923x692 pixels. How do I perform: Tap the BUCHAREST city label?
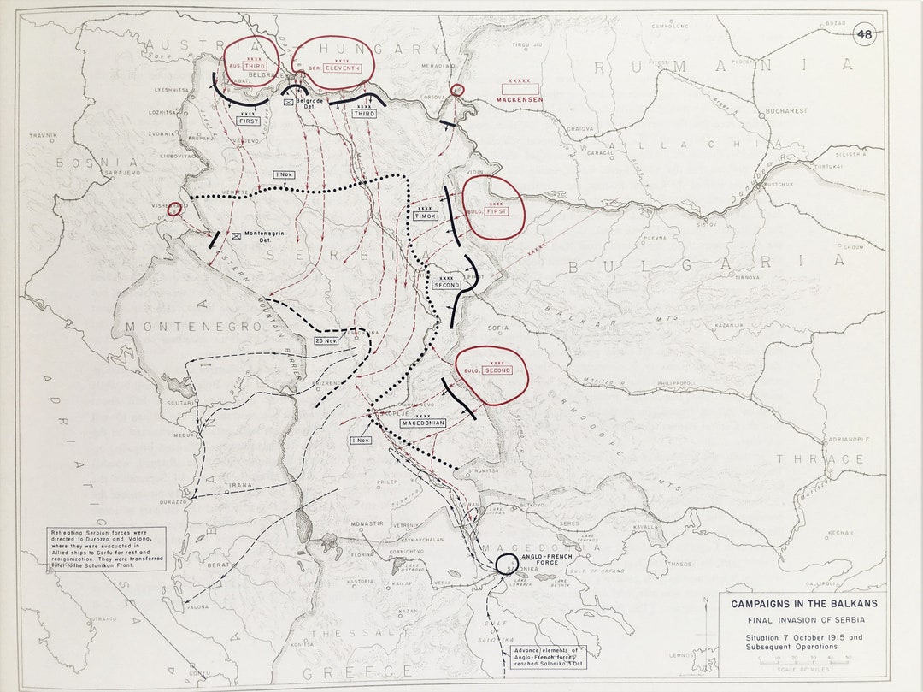[786, 111]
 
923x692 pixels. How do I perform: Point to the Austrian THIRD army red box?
[255, 66]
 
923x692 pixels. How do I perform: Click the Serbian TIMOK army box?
[425, 216]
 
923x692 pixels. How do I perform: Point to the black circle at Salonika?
[506, 564]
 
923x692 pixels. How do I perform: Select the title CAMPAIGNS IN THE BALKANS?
[804, 604]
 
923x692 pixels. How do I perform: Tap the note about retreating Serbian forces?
[106, 548]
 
